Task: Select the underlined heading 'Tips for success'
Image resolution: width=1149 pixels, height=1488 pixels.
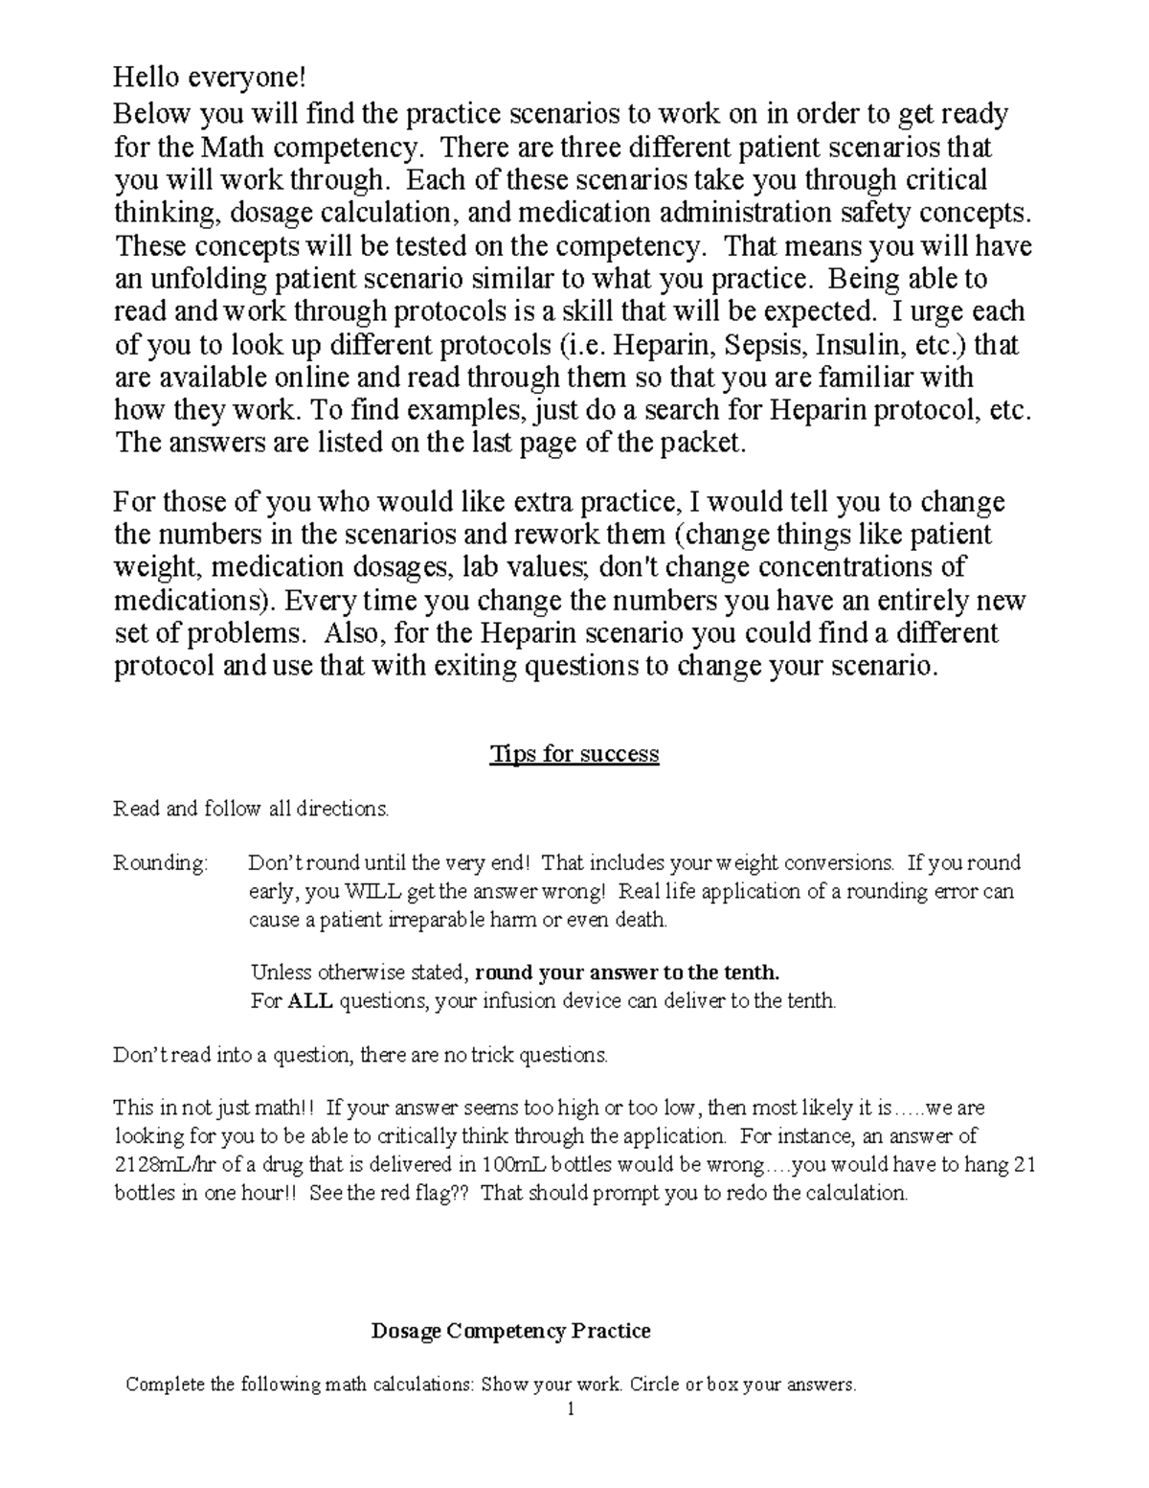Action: click(x=574, y=754)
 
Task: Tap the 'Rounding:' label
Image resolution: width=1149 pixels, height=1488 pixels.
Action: click(x=160, y=862)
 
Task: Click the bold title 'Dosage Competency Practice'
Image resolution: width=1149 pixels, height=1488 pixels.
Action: click(x=510, y=1331)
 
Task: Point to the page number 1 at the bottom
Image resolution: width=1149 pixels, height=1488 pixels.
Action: click(x=571, y=1408)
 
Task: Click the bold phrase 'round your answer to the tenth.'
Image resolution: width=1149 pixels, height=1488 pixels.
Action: click(x=627, y=973)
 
